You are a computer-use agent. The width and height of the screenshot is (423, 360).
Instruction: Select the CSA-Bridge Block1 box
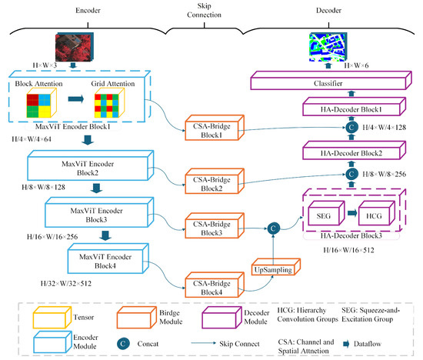click(x=215, y=128)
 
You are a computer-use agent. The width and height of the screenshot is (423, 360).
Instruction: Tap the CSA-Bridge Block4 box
click(x=215, y=285)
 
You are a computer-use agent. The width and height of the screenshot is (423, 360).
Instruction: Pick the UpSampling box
click(x=275, y=267)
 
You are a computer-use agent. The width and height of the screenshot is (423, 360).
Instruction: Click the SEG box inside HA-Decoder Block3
click(x=326, y=213)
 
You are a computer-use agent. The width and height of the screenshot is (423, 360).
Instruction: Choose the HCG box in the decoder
click(x=377, y=213)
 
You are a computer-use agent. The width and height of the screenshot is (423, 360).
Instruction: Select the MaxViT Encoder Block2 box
click(x=91, y=165)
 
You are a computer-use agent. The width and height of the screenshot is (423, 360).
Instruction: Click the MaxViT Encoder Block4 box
click(x=108, y=258)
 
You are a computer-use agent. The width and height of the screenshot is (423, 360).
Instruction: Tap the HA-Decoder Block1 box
click(x=354, y=107)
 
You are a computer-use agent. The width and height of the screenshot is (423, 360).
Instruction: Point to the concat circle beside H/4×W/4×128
click(x=351, y=128)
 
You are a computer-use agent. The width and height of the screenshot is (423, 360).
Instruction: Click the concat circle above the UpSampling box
click(x=273, y=228)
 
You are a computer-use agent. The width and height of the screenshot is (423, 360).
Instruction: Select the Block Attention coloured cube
click(x=42, y=103)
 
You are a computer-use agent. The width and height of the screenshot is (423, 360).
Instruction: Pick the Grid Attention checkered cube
click(x=109, y=103)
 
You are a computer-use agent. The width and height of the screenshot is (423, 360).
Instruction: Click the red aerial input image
click(x=75, y=47)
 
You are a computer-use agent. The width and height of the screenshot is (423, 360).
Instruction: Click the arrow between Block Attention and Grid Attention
click(x=76, y=99)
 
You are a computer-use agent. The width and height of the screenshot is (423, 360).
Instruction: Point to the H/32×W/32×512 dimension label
click(x=66, y=284)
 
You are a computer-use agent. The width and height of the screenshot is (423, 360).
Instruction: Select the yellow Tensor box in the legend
click(x=52, y=318)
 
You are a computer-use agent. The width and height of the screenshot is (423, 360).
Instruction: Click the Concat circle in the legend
click(x=123, y=344)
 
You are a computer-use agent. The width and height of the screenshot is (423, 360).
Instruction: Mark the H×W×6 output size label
click(x=356, y=65)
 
